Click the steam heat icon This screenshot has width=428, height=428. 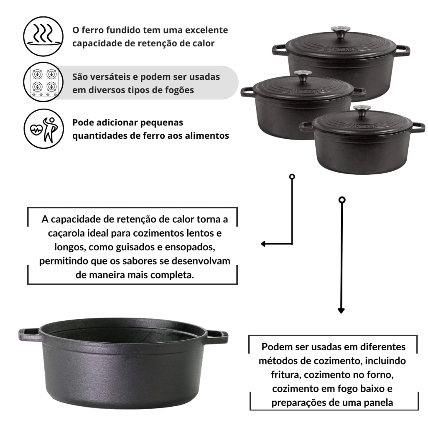click(x=43, y=36)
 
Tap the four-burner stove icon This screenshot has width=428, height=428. click(x=43, y=82)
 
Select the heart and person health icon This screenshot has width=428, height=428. click(x=43, y=129)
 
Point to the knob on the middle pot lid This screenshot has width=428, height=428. click(x=303, y=75)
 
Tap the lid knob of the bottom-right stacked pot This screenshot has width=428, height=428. click(x=362, y=110)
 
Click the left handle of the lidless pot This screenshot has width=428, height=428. click(x=29, y=335)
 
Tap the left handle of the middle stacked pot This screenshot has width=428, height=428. click(x=247, y=92)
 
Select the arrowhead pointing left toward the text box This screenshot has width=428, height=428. click(x=263, y=244)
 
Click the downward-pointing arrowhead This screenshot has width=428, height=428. click(x=341, y=311)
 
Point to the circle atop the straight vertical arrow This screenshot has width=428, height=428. click(x=342, y=200)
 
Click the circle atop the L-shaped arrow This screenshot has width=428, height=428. click(x=292, y=177)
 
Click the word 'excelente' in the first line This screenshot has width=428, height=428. click(x=206, y=30)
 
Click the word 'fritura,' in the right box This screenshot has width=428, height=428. click(x=286, y=375)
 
